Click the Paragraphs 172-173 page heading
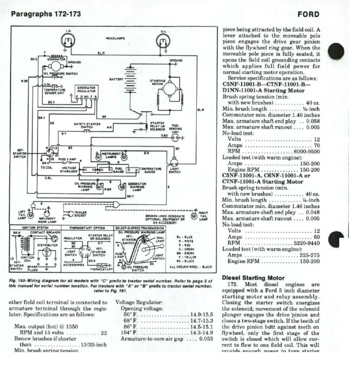pyautogui.click(x=45, y=14)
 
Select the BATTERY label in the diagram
pyautogui.click(x=116, y=79)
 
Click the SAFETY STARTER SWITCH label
pyautogui.click(x=84, y=126)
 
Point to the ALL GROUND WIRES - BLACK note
pyautogui.click(x=191, y=267)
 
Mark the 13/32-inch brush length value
pyautogui.click(x=94, y=345)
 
